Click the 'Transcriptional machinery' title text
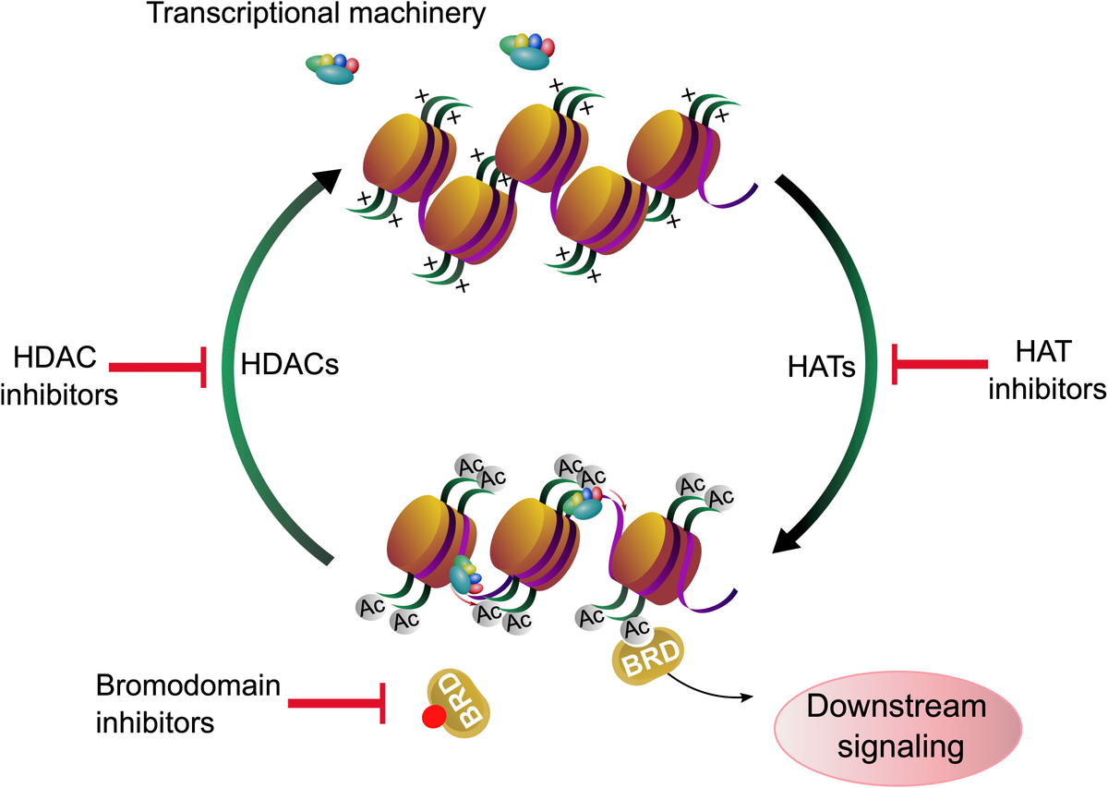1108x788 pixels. (317, 14)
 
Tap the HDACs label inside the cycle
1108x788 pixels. (290, 365)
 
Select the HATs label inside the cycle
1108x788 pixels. (822, 368)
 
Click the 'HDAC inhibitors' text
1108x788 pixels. (59, 376)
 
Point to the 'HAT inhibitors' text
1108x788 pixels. (1047, 370)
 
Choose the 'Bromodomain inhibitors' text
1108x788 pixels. (188, 704)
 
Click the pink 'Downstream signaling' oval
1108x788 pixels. (897, 728)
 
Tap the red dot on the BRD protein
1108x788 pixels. (434, 717)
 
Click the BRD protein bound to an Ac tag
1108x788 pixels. (648, 657)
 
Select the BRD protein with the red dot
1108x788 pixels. (459, 704)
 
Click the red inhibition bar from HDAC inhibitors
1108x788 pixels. (157, 367)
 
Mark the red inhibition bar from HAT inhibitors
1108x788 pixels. (940, 364)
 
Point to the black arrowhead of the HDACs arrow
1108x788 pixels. (327, 180)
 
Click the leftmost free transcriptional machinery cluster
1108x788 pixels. (331, 68)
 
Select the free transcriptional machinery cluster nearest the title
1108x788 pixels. (527, 51)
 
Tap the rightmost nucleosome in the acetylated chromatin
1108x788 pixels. (656, 558)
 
